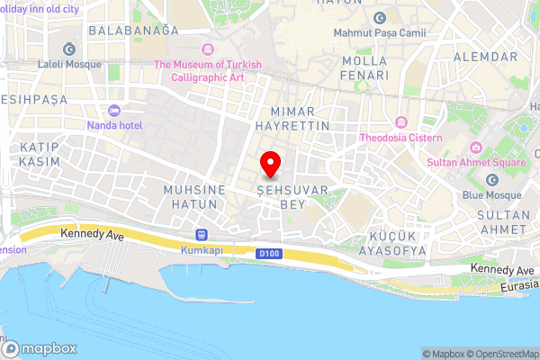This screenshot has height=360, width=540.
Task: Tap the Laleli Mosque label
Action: tap(68, 65)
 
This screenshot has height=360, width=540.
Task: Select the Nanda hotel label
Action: tap(115, 125)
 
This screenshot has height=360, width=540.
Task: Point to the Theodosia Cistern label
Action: tap(400, 138)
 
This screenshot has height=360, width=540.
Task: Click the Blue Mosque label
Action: tap(491, 194)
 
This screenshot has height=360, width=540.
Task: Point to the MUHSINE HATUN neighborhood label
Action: tap(190, 197)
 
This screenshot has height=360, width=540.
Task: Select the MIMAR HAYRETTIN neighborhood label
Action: tap(300, 118)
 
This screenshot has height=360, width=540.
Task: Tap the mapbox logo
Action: tap(40, 348)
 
